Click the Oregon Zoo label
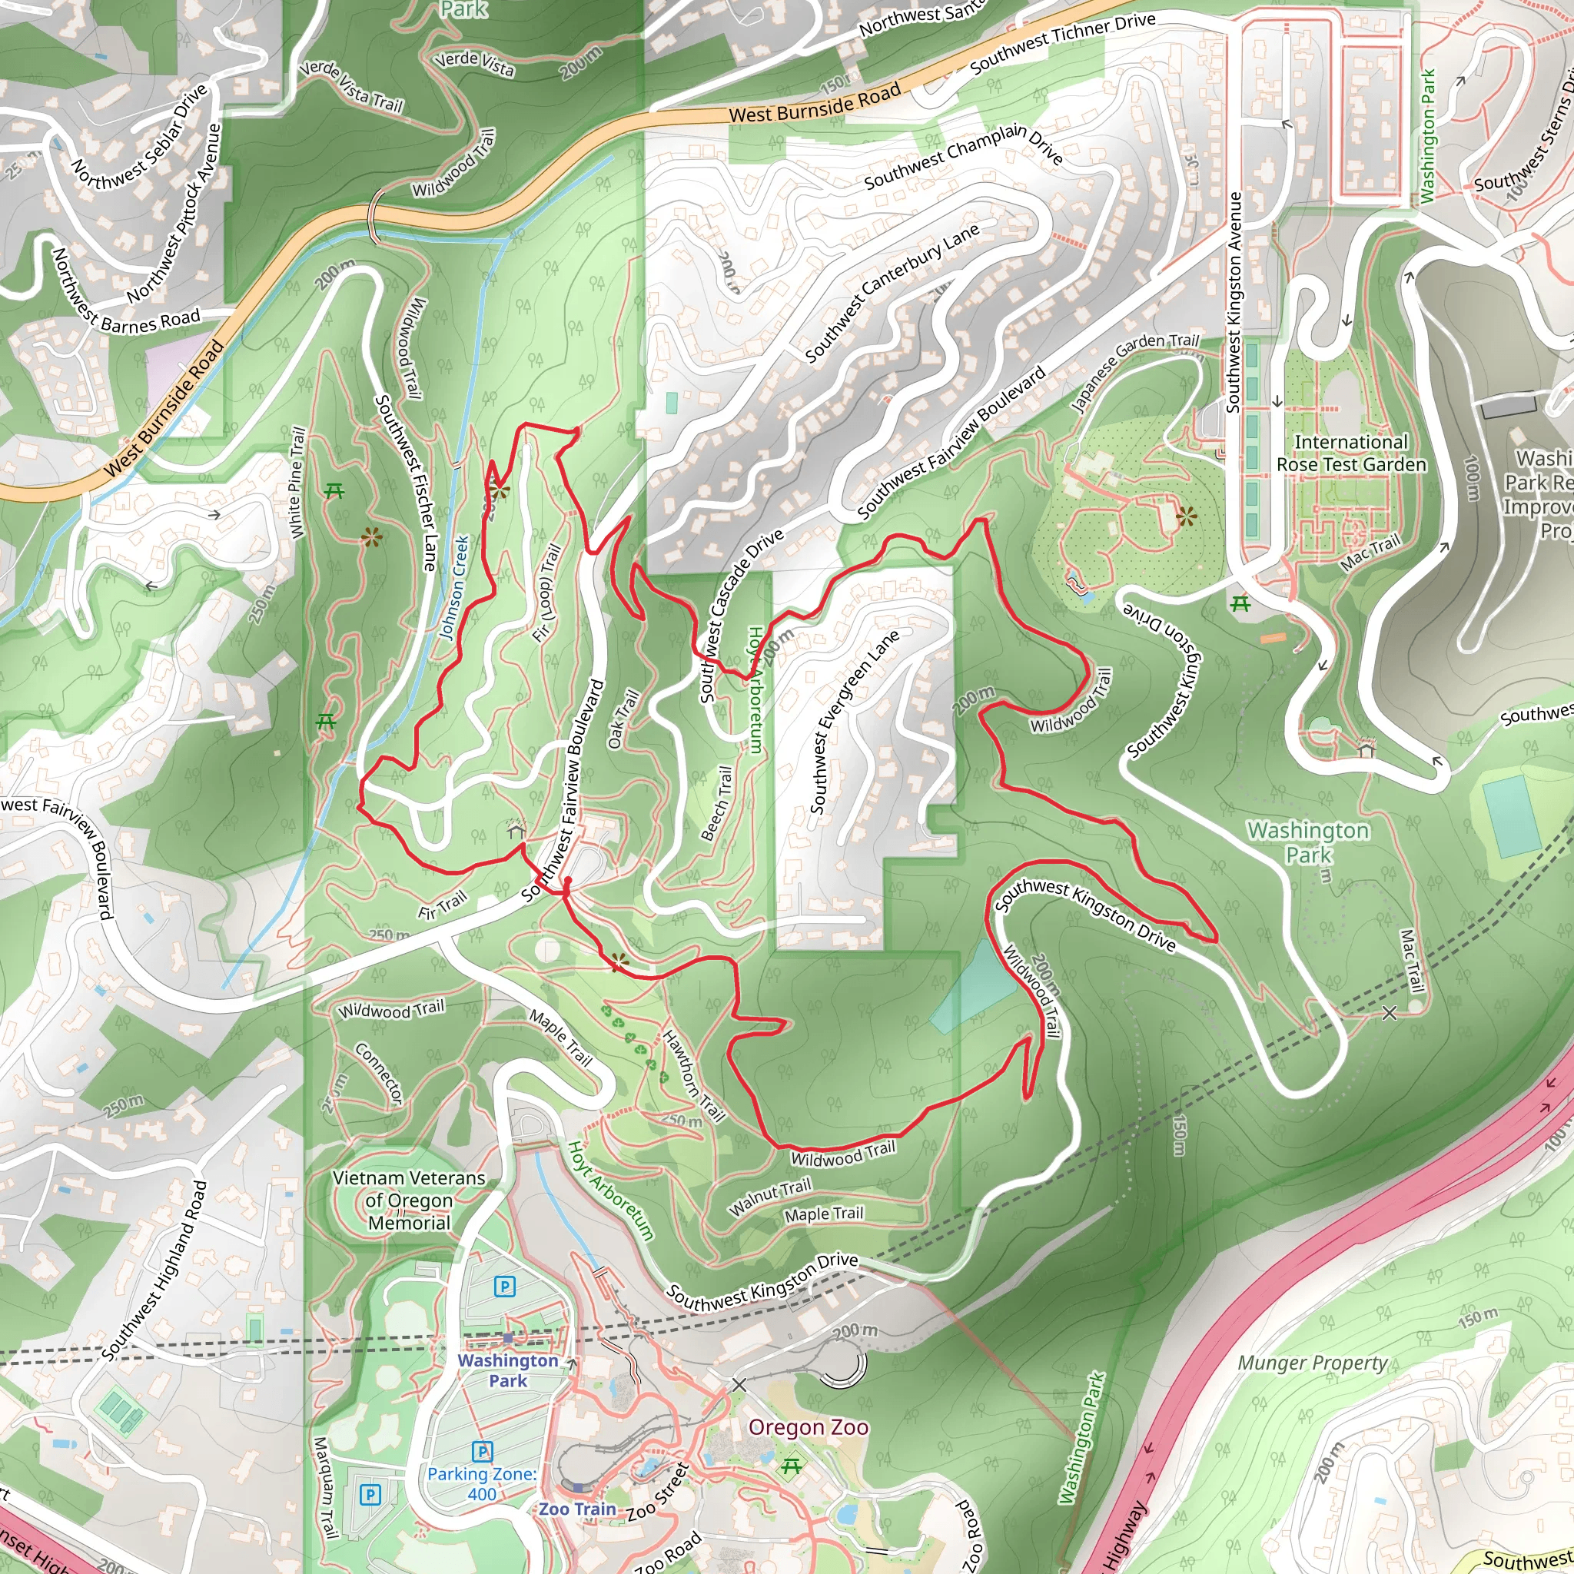click(x=809, y=1427)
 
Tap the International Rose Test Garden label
click(x=1351, y=453)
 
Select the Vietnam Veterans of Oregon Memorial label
click(x=409, y=1200)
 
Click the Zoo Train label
click(x=577, y=1509)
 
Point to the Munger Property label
click(x=1313, y=1363)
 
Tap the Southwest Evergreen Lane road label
click(x=855, y=720)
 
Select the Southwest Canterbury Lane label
click(x=892, y=294)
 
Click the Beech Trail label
click(x=717, y=803)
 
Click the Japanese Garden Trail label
click(x=1134, y=370)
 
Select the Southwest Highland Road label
click(x=154, y=1270)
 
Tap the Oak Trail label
click(x=624, y=719)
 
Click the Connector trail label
click(x=379, y=1073)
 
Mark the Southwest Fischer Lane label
click(x=406, y=483)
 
